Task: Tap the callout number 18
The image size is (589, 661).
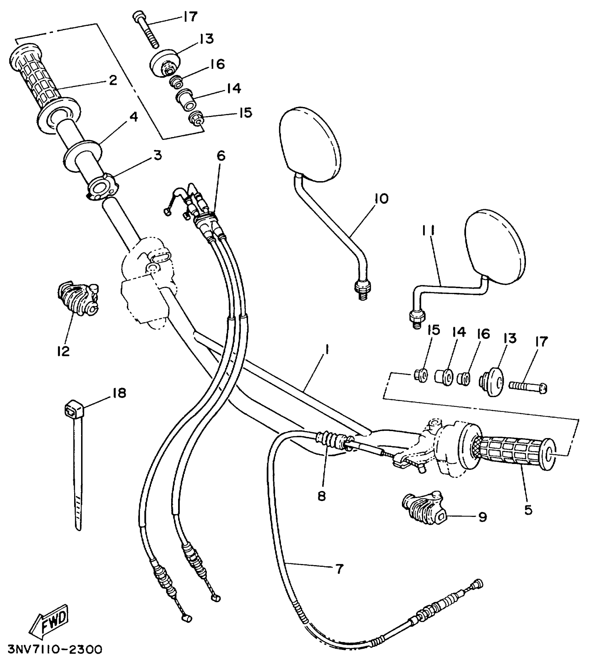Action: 118,394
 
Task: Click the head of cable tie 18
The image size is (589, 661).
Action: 73,410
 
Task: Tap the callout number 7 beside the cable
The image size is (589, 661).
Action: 339,569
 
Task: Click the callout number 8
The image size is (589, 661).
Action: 322,496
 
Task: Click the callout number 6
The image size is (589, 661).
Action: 221,156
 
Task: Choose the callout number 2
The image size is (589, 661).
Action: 113,80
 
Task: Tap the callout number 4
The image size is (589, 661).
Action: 133,117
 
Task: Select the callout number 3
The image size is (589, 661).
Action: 158,155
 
